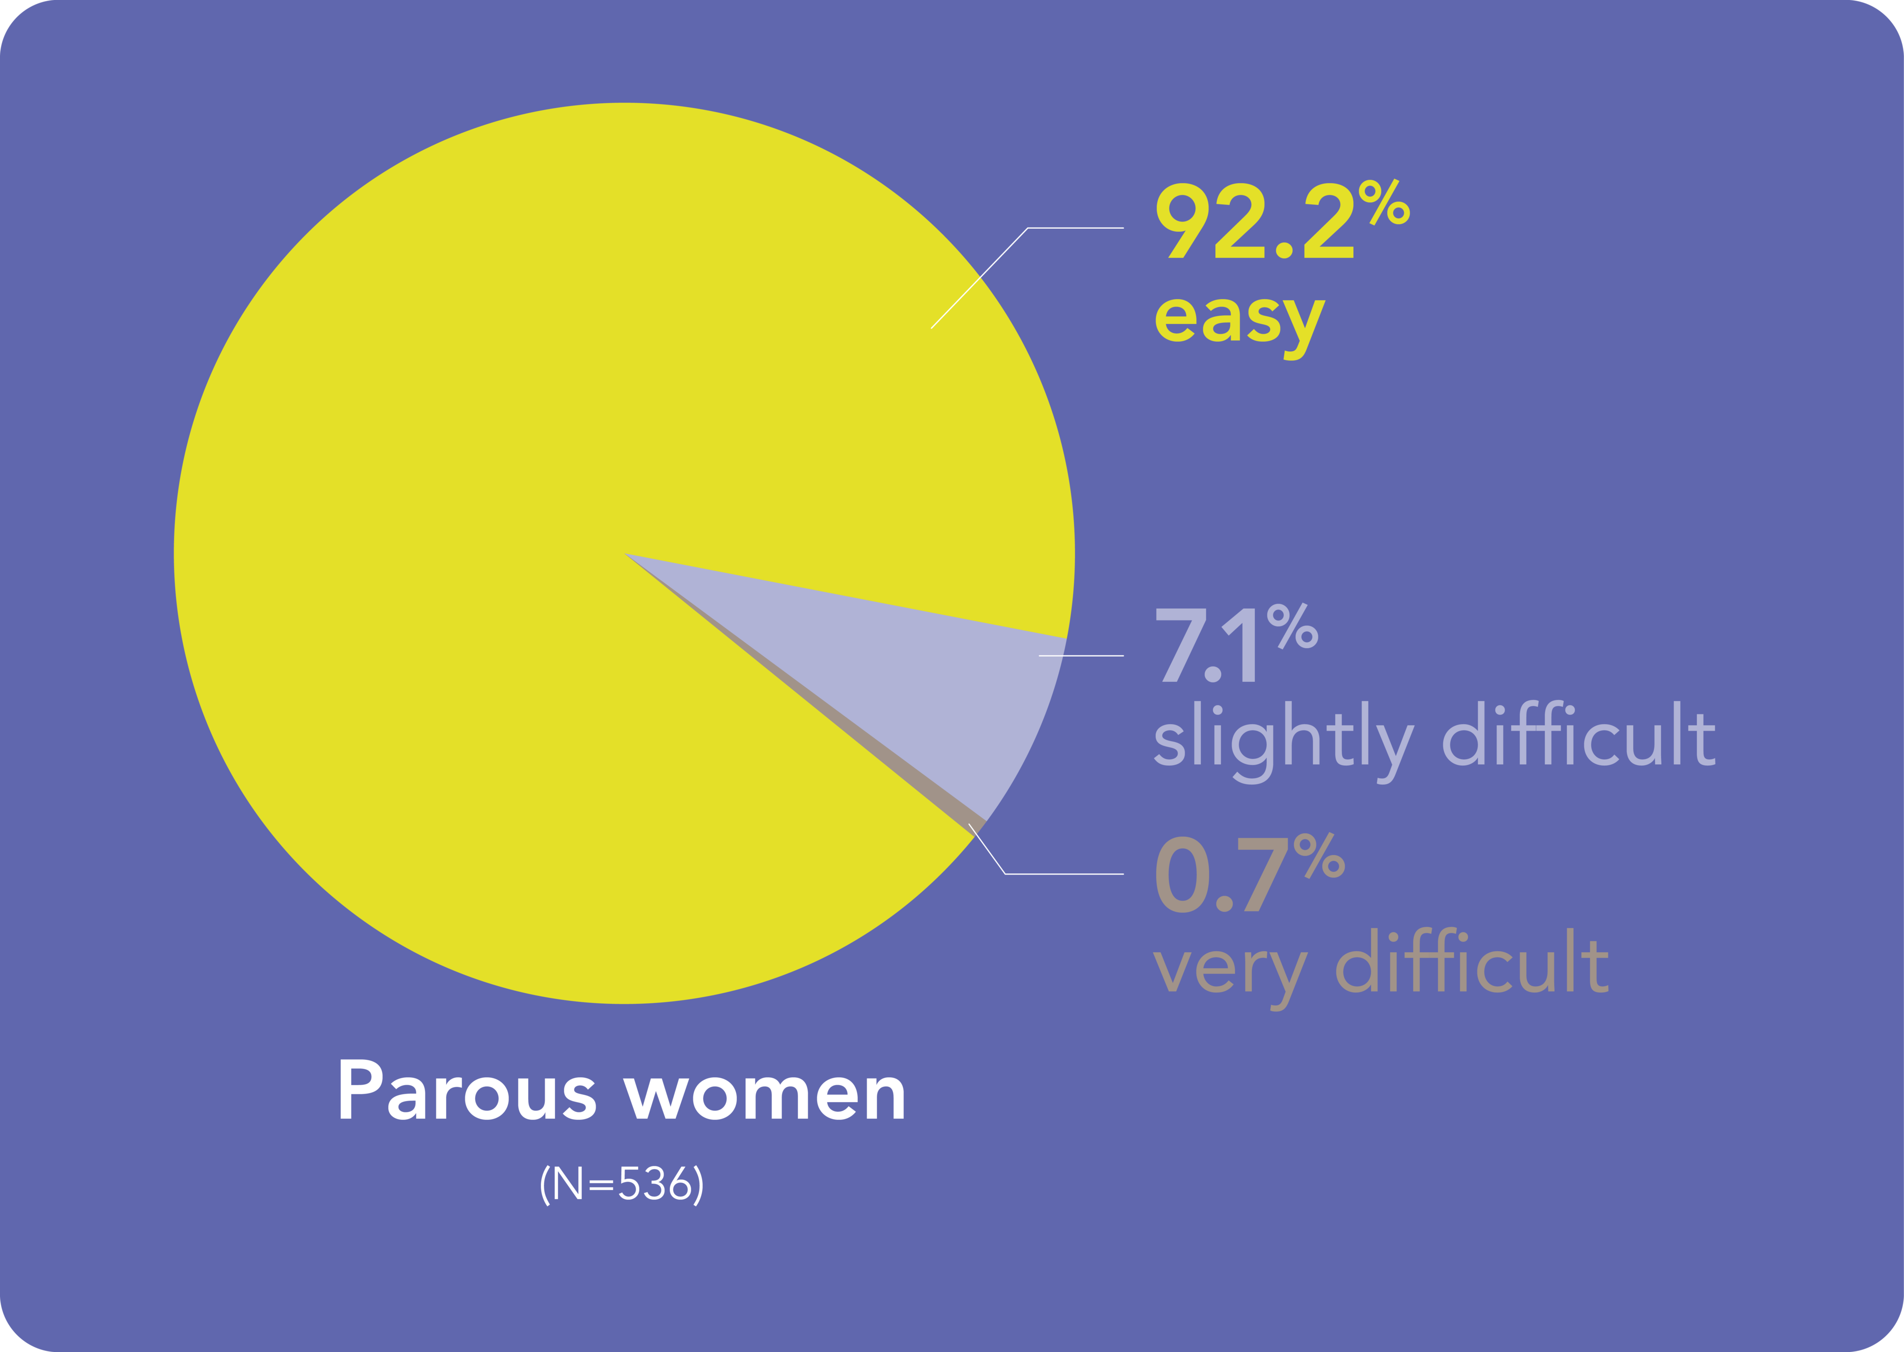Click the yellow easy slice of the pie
coord(499,499)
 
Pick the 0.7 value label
coord(1220,877)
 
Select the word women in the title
coord(766,1094)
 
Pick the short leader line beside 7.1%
coord(1082,656)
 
